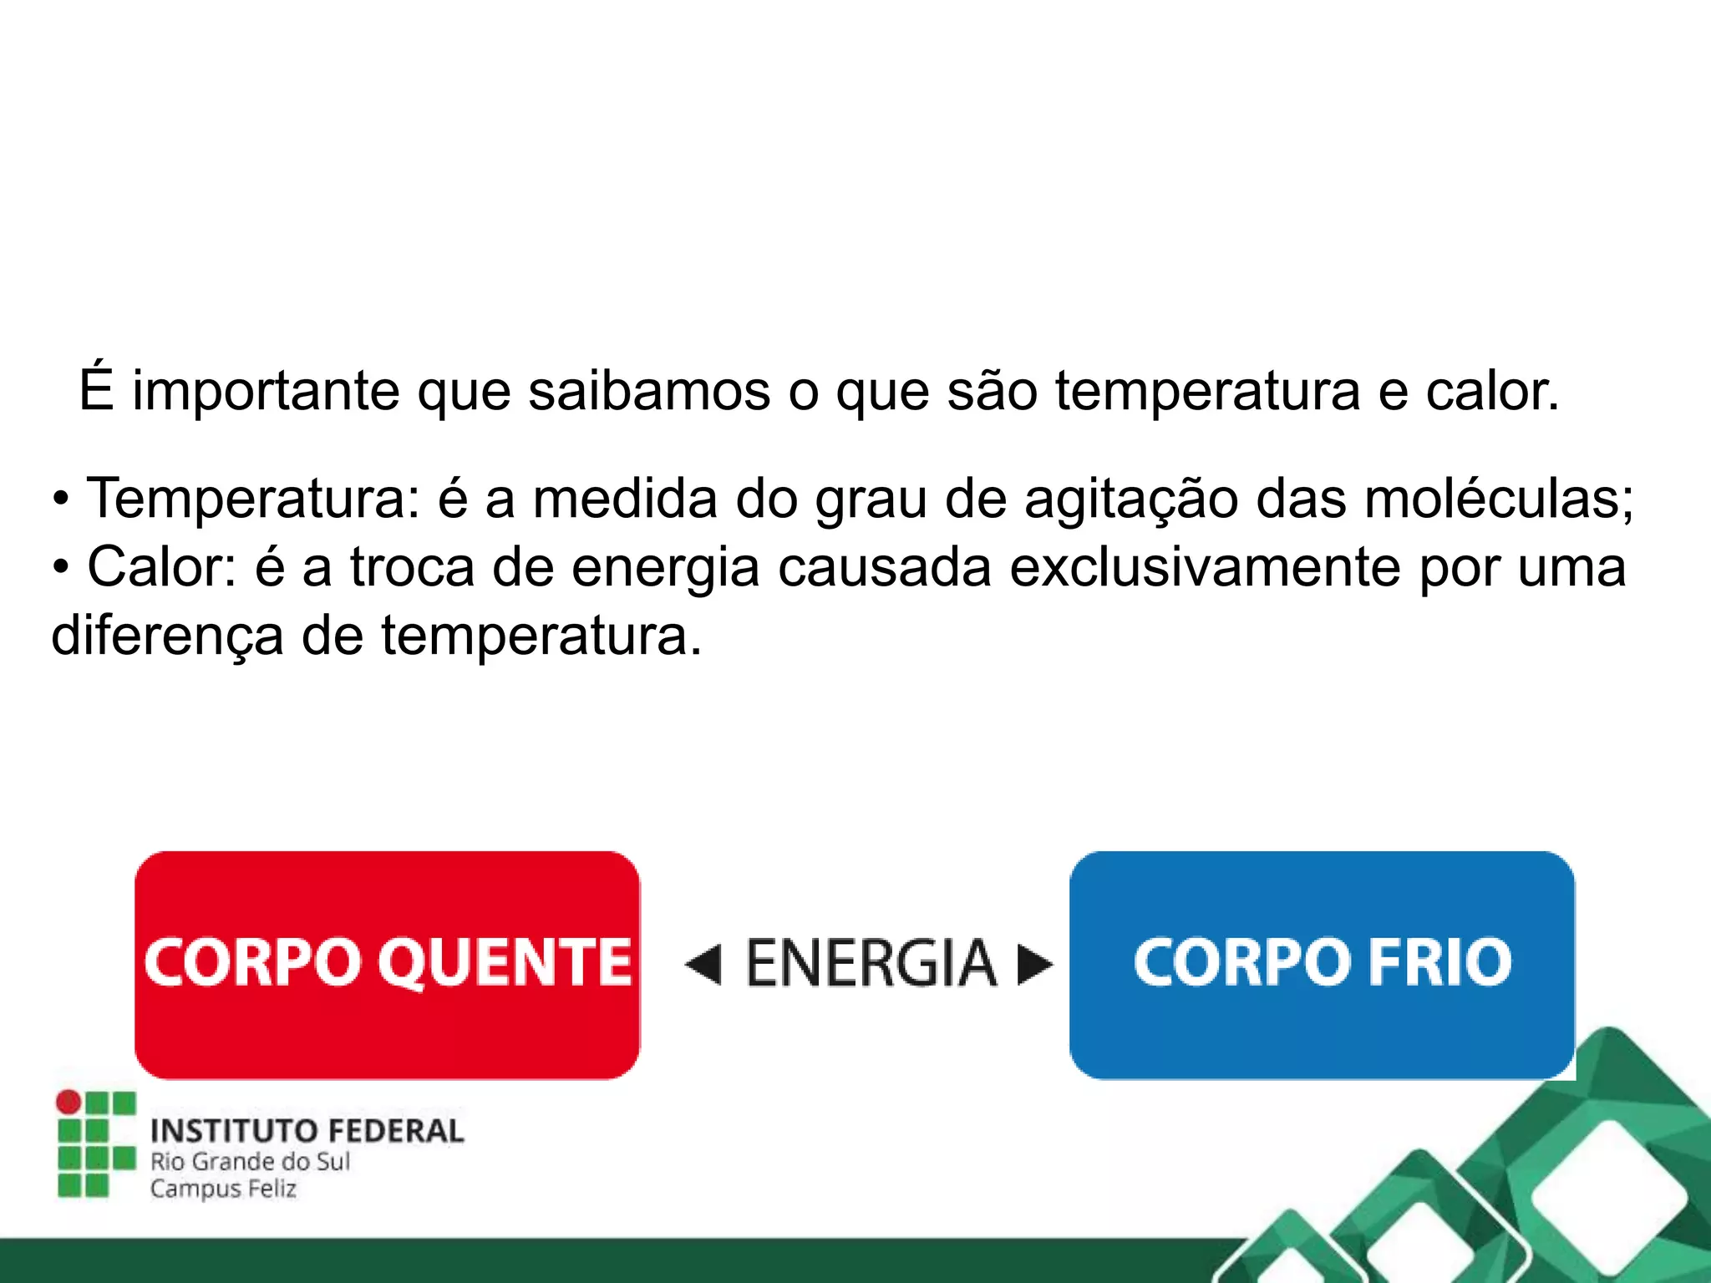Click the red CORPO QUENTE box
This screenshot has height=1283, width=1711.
387,965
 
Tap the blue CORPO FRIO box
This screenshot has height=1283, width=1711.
1322,965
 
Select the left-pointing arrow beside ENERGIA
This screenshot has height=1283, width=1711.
703,965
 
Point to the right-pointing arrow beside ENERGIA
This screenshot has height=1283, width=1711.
1034,965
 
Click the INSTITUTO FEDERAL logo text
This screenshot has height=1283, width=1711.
307,1131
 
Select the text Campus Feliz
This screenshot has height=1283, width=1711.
223,1189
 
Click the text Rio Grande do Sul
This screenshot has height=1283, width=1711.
250,1161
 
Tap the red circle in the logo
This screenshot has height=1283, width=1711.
69,1103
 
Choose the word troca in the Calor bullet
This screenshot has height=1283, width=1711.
412,568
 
